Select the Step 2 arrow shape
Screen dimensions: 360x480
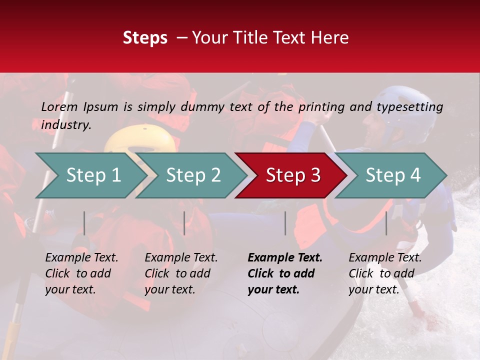[190, 175]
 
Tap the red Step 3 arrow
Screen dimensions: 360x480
[290, 175]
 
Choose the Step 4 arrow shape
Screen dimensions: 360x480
[390, 175]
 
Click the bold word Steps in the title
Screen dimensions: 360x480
[145, 38]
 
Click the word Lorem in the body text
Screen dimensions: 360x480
[59, 106]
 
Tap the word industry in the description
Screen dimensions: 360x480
[65, 125]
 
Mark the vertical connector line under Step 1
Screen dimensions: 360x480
[84, 223]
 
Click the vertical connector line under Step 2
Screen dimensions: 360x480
[184, 223]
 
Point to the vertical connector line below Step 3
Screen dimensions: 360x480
[285, 223]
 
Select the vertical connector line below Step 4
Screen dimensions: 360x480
[386, 223]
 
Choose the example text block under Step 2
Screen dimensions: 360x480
[180, 273]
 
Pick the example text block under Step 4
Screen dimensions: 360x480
[384, 273]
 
